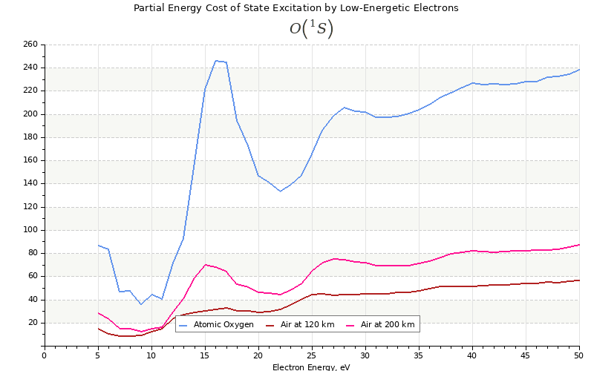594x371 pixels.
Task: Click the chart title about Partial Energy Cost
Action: (x=296, y=8)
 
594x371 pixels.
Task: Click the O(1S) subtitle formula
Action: (x=311, y=29)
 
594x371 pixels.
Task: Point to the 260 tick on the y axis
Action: (x=30, y=45)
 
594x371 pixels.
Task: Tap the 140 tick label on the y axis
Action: (x=30, y=183)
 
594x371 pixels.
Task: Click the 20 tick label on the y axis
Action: (x=32, y=323)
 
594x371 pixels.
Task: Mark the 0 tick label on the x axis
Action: (x=44, y=355)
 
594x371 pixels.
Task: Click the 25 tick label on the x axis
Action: (x=312, y=355)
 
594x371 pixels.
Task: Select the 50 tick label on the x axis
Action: (x=579, y=355)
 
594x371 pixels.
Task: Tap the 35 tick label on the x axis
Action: (x=419, y=355)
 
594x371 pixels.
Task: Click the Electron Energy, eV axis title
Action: (x=310, y=367)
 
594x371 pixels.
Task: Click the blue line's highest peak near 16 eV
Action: (x=215, y=61)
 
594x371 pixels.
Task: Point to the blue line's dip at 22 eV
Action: (x=280, y=191)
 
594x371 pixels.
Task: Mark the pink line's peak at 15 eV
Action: (x=205, y=265)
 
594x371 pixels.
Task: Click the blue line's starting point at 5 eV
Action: (x=98, y=245)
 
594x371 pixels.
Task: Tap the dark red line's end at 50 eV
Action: (x=579, y=280)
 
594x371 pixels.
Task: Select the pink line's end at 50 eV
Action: (x=579, y=245)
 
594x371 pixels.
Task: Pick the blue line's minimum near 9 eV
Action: (x=141, y=304)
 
